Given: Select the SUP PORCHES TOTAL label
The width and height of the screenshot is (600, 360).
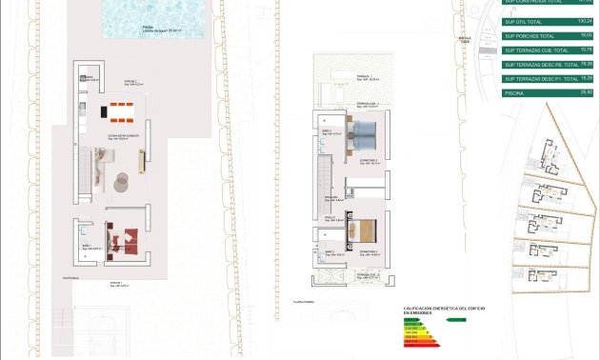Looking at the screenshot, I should (529, 34).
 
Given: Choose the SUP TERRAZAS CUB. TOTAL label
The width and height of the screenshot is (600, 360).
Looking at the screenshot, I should (538, 50).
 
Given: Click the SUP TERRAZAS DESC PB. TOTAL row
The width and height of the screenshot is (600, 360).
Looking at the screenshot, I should (541, 64).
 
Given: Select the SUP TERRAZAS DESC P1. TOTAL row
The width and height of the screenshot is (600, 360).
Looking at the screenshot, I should (541, 78).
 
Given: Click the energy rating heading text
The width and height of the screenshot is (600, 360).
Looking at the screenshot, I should (434, 310).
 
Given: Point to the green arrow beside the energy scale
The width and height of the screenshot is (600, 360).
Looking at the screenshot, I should (456, 320).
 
